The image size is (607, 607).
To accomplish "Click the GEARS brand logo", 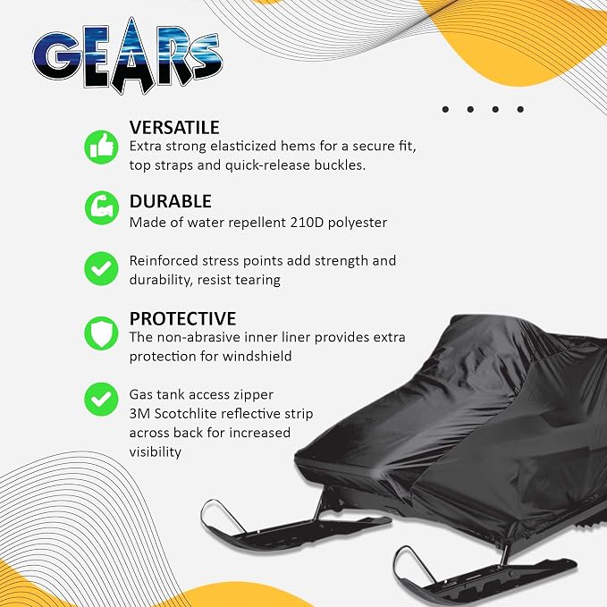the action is pyautogui.click(x=127, y=55).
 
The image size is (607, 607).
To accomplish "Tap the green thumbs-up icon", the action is pyautogui.click(x=101, y=148).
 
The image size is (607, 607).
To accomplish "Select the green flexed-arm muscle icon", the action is pyautogui.click(x=101, y=208).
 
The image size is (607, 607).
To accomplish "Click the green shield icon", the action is pyautogui.click(x=101, y=333).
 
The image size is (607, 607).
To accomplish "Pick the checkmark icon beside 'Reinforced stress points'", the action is pyautogui.click(x=101, y=269).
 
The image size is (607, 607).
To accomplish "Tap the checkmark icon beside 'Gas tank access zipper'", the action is pyautogui.click(x=101, y=399).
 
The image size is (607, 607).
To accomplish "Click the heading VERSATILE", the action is pyautogui.click(x=174, y=128).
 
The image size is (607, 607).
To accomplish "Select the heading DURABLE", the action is pyautogui.click(x=171, y=201).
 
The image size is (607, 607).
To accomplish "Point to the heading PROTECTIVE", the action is pyautogui.click(x=182, y=319).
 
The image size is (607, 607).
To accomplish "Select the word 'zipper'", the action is pyautogui.click(x=253, y=395).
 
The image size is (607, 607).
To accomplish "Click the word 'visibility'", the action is pyautogui.click(x=156, y=452).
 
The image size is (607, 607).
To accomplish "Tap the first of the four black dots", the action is pyautogui.click(x=445, y=110).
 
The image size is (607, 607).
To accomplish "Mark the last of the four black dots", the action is pyautogui.click(x=520, y=110).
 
